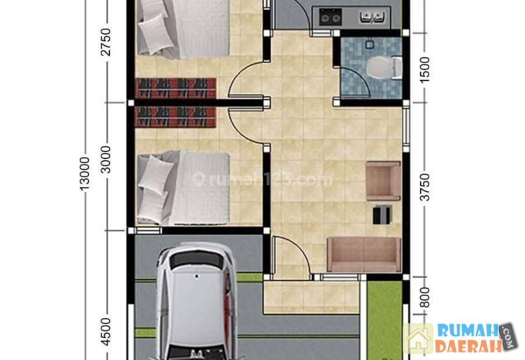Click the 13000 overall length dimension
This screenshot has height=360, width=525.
click(84, 174)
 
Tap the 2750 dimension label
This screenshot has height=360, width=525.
click(105, 42)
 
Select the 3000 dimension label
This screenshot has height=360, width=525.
click(105, 160)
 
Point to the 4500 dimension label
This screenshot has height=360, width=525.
click(105, 331)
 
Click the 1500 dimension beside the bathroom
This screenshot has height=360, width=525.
click(424, 70)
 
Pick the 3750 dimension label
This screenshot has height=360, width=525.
click(424, 187)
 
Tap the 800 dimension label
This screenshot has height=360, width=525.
click(424, 297)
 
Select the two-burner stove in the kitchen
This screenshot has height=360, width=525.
click(330, 17)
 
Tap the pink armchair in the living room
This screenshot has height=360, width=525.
click(383, 181)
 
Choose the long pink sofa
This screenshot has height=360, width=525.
click(364, 254)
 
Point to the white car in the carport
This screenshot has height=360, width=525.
click(196, 301)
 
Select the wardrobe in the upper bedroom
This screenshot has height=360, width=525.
click(175, 88)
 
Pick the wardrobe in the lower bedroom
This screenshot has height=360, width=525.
click(175, 117)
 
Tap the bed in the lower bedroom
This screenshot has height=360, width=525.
click(183, 189)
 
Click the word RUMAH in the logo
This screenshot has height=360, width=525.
click(468, 331)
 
